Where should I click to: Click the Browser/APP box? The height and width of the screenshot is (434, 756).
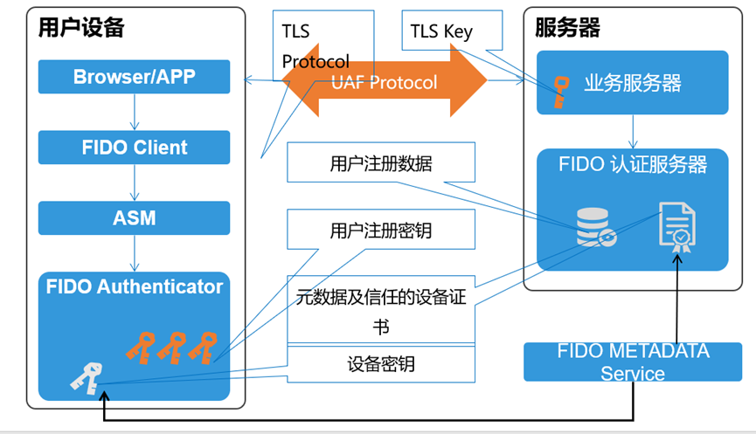pos(134,77)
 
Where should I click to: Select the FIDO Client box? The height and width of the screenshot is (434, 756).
pos(134,148)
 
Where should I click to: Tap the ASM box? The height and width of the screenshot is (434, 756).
pos(134,218)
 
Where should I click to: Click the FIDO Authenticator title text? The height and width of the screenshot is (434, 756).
pos(134,286)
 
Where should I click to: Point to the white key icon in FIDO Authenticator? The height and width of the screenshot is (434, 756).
pos(87,379)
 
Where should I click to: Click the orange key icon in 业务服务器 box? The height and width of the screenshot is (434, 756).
pos(560,92)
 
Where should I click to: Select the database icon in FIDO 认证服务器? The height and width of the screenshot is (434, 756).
pos(596,227)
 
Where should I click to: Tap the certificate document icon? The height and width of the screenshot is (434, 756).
pos(677,227)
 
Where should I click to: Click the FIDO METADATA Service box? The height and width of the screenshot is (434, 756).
pos(633,362)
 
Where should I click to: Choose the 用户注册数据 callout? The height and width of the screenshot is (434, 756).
pos(381,162)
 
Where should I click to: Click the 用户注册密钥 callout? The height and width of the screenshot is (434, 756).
pos(381,230)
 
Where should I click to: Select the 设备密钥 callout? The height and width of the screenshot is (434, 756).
pos(381,364)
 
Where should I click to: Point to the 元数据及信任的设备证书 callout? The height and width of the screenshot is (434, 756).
pos(381,309)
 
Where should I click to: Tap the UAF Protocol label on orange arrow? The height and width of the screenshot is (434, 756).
pos(385,82)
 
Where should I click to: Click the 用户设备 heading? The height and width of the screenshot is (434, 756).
pos(81,27)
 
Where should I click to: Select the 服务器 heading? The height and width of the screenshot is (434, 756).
pos(567,27)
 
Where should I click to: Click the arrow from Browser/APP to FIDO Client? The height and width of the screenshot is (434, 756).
pos(135,112)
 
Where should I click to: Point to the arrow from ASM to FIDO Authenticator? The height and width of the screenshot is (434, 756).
pos(135,253)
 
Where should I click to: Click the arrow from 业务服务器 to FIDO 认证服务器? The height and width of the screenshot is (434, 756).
pos(633,132)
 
